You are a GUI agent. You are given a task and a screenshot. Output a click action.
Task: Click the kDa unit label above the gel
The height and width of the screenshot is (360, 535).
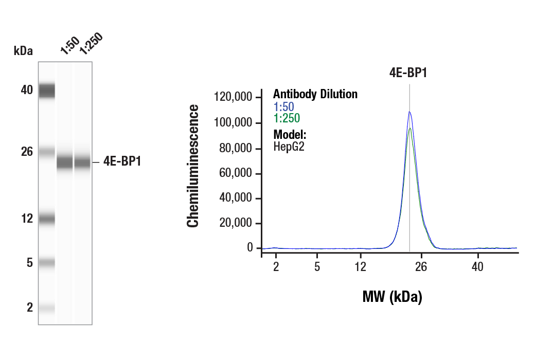(23, 50)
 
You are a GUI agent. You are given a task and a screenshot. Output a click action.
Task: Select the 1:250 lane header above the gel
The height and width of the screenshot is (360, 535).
(91, 43)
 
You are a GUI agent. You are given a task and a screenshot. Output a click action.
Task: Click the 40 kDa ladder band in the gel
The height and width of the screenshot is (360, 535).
(47, 91)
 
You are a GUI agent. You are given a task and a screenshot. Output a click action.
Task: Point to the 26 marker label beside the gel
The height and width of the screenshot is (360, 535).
(27, 152)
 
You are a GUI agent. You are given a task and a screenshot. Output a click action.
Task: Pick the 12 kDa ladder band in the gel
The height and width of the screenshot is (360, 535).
(47, 219)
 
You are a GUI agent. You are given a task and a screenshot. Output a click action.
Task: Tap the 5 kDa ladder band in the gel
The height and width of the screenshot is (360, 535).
(47, 263)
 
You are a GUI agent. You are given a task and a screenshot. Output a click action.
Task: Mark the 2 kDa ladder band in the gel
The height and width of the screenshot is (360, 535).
(47, 308)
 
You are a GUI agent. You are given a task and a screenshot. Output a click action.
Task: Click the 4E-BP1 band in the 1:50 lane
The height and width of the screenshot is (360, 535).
(65, 163)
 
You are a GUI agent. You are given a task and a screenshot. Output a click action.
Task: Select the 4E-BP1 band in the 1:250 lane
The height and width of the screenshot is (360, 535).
(82, 163)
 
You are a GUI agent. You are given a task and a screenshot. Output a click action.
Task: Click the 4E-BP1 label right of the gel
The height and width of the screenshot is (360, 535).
(122, 161)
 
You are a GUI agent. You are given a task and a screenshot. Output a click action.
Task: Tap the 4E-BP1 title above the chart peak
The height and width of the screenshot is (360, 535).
(408, 73)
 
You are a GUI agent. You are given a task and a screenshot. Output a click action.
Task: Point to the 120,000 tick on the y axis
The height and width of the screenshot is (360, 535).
(234, 97)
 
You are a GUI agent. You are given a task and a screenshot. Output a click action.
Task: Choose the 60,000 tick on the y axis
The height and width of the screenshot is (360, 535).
(237, 173)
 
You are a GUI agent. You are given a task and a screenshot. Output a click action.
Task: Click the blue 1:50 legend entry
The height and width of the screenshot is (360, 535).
(283, 107)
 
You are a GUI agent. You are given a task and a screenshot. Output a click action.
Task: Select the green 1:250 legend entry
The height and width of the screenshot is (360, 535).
(287, 119)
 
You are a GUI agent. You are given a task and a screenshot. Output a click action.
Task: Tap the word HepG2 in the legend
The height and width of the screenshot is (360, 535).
(289, 147)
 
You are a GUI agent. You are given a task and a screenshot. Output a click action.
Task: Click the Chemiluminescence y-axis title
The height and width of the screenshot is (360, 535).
(193, 166)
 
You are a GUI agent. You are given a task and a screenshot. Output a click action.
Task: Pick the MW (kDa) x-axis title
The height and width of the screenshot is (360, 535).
(392, 297)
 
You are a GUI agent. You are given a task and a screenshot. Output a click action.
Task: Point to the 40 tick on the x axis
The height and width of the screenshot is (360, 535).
(478, 266)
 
